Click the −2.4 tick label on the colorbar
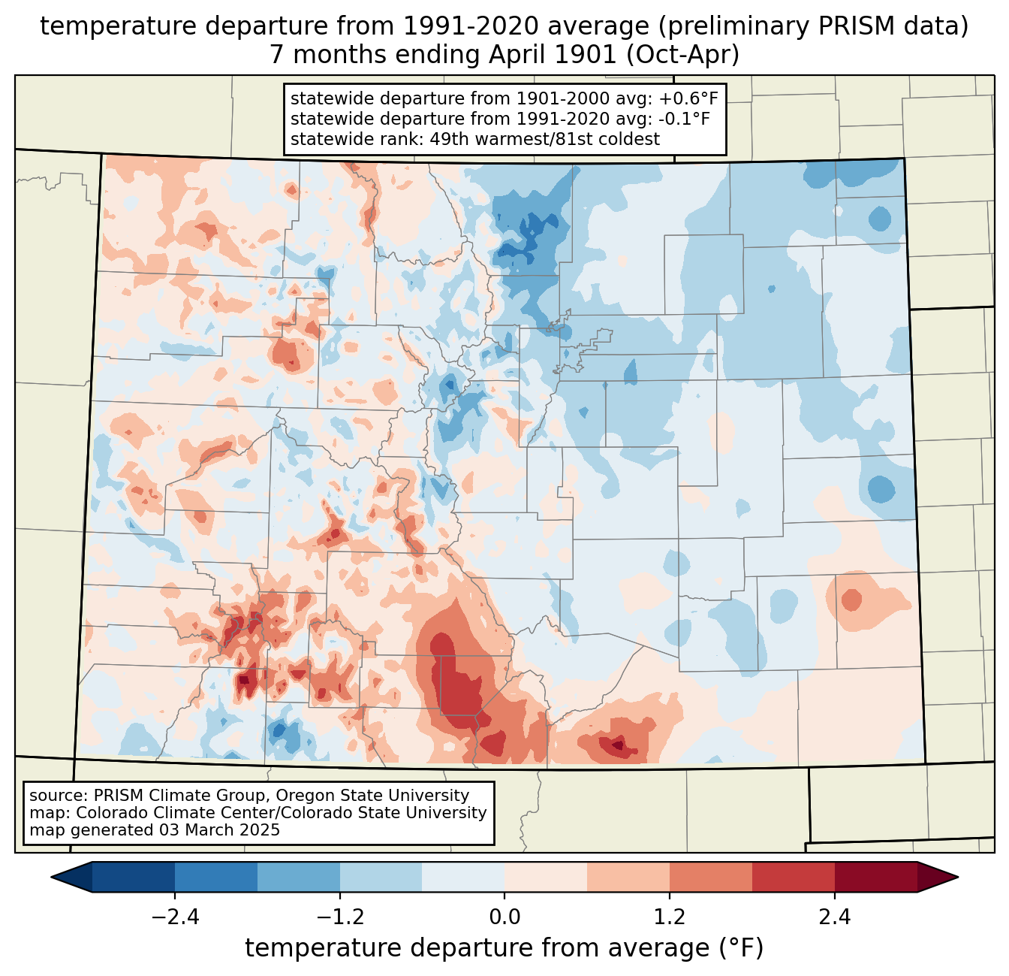(x=175, y=917)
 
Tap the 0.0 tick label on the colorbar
(x=505, y=917)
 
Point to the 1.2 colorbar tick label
(x=670, y=917)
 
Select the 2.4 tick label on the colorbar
(x=834, y=917)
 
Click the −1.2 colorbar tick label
(x=340, y=917)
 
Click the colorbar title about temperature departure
(x=505, y=948)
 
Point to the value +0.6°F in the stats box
(x=688, y=99)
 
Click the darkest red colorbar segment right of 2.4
(x=875, y=877)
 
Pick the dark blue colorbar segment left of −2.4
(x=134, y=877)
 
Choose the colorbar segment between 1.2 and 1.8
(x=711, y=877)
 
